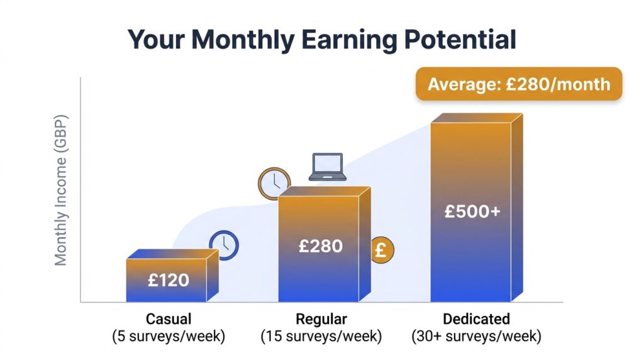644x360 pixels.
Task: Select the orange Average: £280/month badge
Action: click(x=518, y=84)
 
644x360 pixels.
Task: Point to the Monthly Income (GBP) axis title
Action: click(x=61, y=190)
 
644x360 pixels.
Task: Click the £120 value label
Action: click(x=169, y=280)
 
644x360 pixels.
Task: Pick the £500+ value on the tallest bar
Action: click(x=472, y=211)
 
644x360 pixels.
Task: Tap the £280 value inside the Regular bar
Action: click(x=321, y=245)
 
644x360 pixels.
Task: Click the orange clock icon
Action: click(x=274, y=183)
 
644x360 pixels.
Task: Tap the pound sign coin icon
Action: click(x=380, y=250)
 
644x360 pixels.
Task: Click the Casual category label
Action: click(x=169, y=318)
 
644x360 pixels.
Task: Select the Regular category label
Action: click(x=321, y=318)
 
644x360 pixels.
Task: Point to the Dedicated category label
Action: click(x=476, y=318)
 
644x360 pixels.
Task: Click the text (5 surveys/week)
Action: click(x=169, y=336)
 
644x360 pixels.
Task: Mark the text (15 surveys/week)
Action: click(x=321, y=336)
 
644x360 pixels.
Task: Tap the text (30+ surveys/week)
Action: click(x=476, y=336)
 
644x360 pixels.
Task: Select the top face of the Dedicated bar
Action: click(x=476, y=118)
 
